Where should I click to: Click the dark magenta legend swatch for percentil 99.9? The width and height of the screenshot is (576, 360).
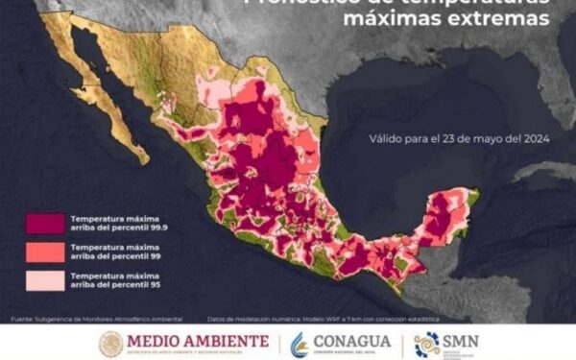coord(42,223)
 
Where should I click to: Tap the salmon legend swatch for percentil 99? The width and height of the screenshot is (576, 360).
coord(42,252)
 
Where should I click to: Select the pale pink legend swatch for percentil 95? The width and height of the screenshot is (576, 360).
coord(42,279)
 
